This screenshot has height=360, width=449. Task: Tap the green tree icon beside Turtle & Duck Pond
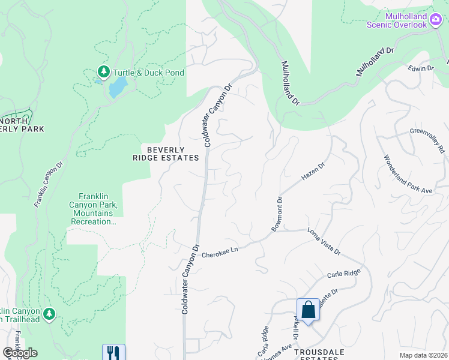click(104, 73)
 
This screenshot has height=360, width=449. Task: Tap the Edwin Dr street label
click(421, 68)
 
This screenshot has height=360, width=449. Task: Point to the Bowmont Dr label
click(276, 214)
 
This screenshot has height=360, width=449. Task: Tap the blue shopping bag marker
click(308, 310)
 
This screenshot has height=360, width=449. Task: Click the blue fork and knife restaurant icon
click(113, 352)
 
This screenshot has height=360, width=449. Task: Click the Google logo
click(19, 353)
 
